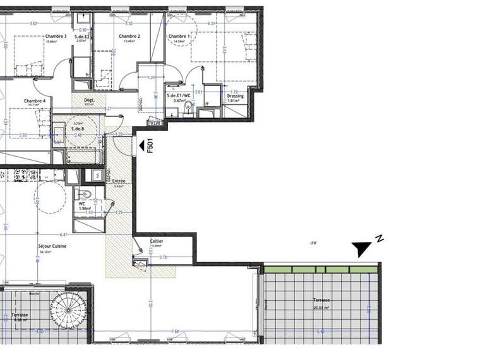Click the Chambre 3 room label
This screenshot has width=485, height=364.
(x=56, y=37)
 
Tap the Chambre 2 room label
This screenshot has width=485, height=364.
(x=129, y=37)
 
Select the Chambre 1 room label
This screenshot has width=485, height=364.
(x=179, y=37)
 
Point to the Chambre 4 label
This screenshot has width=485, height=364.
(x=35, y=101)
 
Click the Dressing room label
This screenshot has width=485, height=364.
(x=235, y=96)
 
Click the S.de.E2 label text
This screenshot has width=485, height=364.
(x=81, y=37)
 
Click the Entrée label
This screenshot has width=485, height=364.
(x=119, y=181)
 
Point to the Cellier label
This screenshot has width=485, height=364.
(x=157, y=241)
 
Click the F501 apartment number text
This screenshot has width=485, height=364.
(x=150, y=146)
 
